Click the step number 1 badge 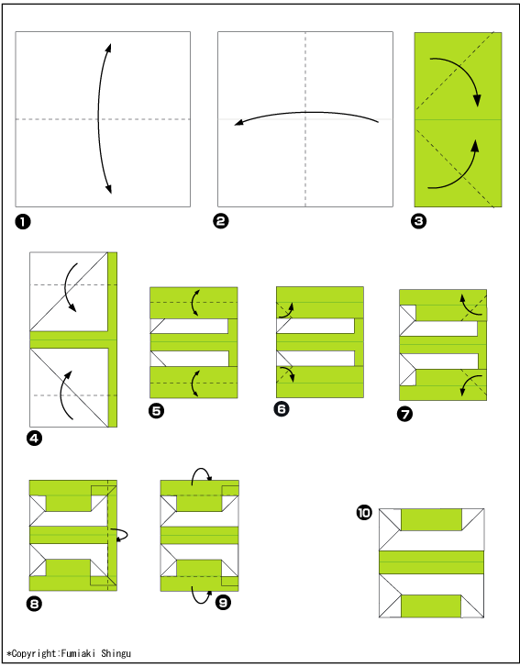pyautogui.click(x=23, y=222)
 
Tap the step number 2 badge pyautogui.click(x=221, y=221)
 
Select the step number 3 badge pyautogui.click(x=419, y=221)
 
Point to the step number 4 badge pyautogui.click(x=35, y=438)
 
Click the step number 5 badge pyautogui.click(x=157, y=410)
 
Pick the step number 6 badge pyautogui.click(x=282, y=409)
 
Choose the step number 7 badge pyautogui.click(x=404, y=414)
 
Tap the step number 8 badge pyautogui.click(x=34, y=603)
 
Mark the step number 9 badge pyautogui.click(x=223, y=602)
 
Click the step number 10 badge pyautogui.click(x=364, y=513)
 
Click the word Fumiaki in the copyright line pyautogui.click(x=78, y=653)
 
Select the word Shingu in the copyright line pyautogui.click(x=116, y=654)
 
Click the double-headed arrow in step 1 pyautogui.click(x=99, y=118)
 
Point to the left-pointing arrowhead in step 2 pyautogui.click(x=239, y=123)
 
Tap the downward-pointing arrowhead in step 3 pyautogui.click(x=477, y=100)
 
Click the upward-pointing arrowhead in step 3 pyautogui.click(x=475, y=146)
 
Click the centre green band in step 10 pyautogui.click(x=431, y=561)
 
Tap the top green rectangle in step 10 pyautogui.click(x=431, y=519)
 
